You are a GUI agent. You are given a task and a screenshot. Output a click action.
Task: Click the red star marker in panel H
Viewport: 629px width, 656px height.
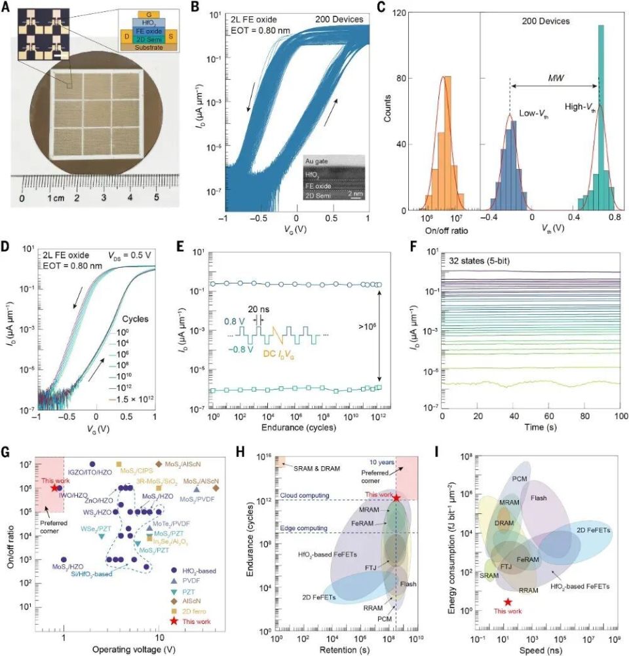tap(397, 498)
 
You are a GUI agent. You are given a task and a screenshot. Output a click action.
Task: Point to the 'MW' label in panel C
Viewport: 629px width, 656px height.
tap(554, 78)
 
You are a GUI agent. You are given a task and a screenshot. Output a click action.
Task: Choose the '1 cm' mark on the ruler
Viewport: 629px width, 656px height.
tap(50, 197)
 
